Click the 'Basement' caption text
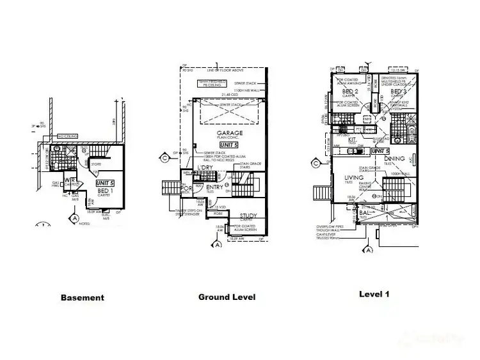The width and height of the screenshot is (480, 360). [82, 297]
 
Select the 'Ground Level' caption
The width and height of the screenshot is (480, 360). [227, 297]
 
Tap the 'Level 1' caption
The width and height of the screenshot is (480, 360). [374, 295]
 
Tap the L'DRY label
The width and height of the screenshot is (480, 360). [205, 167]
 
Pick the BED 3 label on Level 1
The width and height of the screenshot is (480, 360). [400, 91]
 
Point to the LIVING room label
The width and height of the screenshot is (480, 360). [353, 178]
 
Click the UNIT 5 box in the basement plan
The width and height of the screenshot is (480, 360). [105, 182]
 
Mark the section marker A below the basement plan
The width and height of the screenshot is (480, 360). [76, 218]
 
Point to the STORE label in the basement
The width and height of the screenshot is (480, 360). [96, 164]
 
